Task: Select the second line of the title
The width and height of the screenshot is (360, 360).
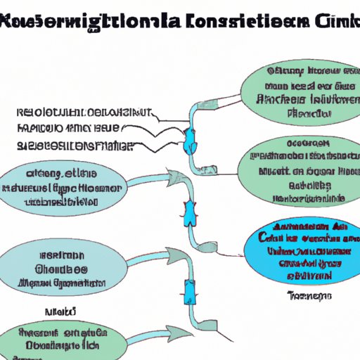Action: pyautogui.click(x=180, y=41)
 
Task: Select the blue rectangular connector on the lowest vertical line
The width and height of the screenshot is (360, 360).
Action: pyautogui.click(x=188, y=290)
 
